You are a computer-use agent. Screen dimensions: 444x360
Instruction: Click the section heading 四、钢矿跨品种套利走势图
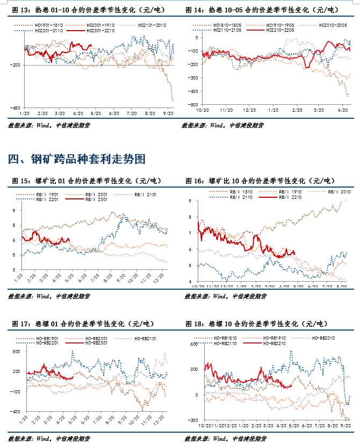(77, 159)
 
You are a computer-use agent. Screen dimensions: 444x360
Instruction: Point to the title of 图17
(83, 324)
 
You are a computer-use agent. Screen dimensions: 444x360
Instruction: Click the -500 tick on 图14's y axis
(191, 104)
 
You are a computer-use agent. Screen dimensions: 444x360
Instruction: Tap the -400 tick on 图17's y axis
(16, 412)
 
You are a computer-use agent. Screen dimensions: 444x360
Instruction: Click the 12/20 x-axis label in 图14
(248, 110)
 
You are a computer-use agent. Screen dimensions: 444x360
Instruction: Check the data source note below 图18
(224, 439)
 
